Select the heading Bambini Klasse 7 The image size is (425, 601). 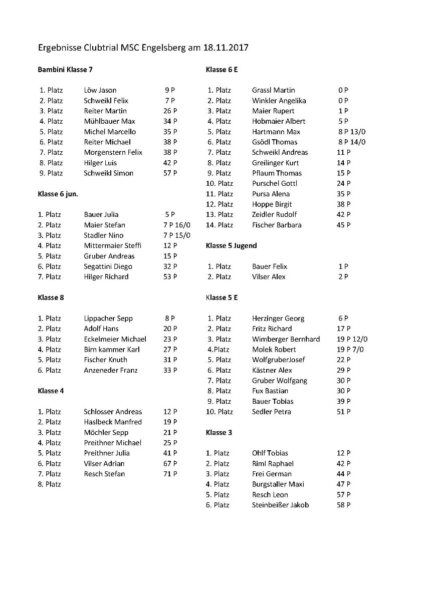(65, 70)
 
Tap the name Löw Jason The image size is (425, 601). (100, 91)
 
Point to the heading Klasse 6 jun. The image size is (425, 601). (58, 194)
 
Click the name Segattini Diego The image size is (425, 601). (108, 266)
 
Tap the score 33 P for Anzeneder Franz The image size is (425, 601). (170, 370)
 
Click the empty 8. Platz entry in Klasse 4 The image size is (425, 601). (49, 484)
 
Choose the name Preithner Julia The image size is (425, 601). (107, 453)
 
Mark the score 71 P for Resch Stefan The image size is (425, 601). (170, 474)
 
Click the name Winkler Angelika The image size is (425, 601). (279, 101)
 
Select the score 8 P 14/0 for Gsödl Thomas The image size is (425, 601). (351, 142)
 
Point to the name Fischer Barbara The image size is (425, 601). (277, 225)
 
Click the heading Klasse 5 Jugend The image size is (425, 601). (231, 246)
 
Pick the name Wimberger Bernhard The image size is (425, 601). (286, 339)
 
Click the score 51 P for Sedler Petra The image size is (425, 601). (343, 412)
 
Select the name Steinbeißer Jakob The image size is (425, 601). (280, 505)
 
